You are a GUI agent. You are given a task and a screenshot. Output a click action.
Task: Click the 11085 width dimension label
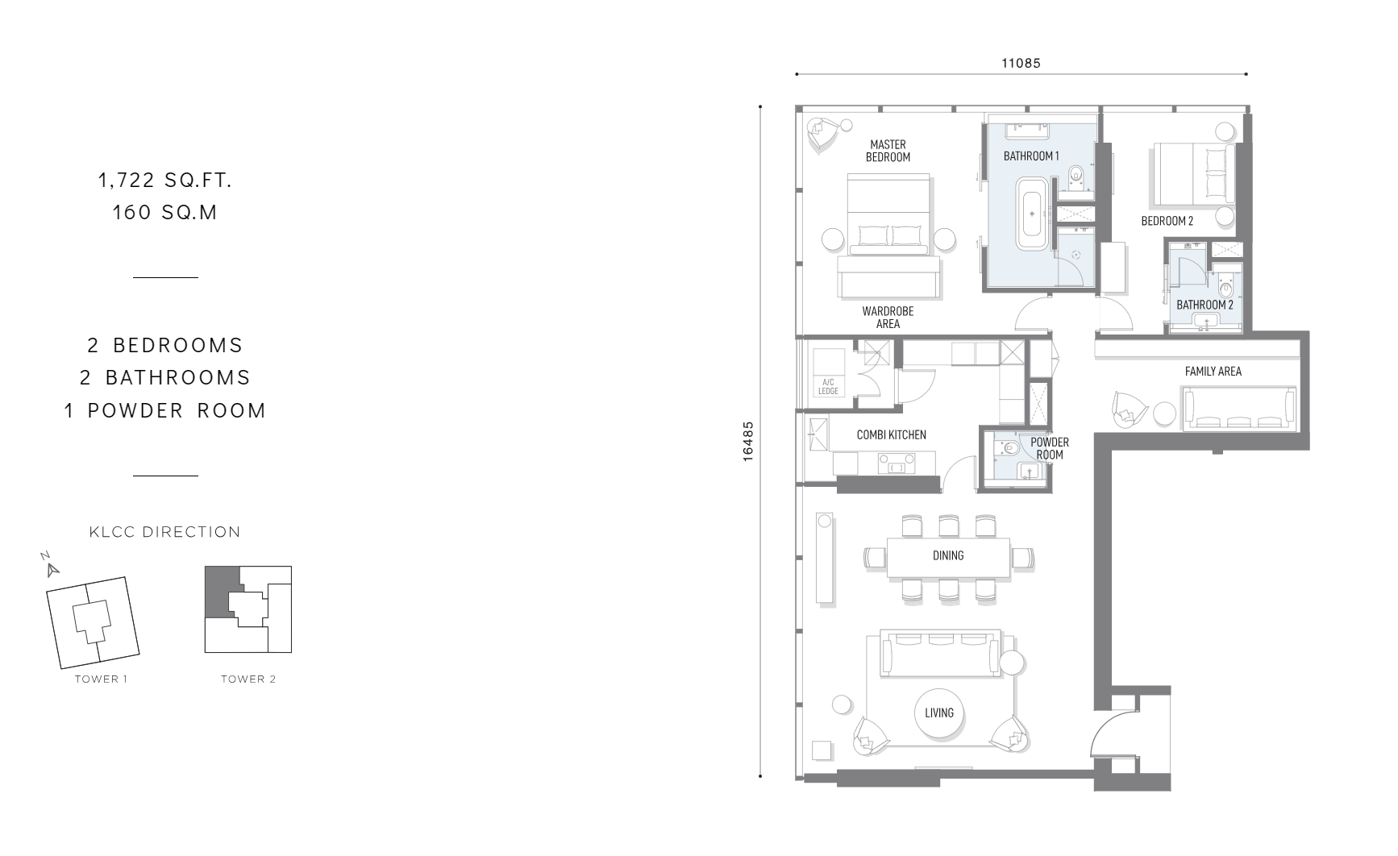[x=1021, y=63]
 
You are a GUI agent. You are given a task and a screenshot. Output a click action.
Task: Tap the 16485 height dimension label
[x=748, y=441]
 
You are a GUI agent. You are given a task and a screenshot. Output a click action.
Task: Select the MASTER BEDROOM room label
[x=888, y=151]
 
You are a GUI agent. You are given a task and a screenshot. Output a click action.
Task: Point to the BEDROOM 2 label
[x=1167, y=221]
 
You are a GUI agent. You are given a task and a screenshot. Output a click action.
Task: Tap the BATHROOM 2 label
[x=1205, y=305]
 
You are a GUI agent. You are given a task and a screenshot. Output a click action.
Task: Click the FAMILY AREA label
[x=1213, y=372]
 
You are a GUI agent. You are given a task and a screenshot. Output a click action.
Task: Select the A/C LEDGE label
[x=828, y=387]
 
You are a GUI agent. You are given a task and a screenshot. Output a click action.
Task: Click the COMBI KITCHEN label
[x=891, y=435]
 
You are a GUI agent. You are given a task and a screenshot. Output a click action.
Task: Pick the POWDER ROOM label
[x=1050, y=448]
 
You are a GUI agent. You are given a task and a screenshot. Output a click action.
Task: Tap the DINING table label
[x=948, y=555]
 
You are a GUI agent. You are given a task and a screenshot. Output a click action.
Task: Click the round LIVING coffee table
[x=939, y=713]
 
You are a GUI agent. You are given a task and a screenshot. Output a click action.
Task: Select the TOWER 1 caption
[x=102, y=679]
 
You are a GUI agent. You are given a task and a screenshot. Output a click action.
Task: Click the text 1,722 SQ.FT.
[x=165, y=181]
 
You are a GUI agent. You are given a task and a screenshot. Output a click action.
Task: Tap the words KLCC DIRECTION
[x=165, y=532]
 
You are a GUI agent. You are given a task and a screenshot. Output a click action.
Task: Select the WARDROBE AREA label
[x=888, y=318]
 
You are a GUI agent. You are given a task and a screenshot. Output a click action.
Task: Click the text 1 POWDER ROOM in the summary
[x=165, y=410]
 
